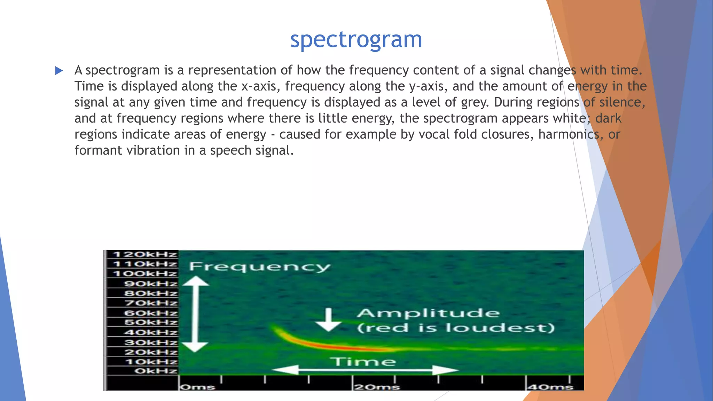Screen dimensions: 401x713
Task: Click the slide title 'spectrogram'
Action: (x=356, y=39)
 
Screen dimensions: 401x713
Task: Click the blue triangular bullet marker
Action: (x=59, y=71)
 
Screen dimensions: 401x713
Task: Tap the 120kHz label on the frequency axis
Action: (x=145, y=254)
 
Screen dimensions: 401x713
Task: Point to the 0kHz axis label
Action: (x=156, y=371)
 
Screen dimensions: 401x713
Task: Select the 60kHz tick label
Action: (x=151, y=313)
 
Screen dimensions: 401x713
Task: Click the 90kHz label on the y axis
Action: (x=151, y=283)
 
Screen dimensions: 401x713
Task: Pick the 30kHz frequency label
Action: (x=151, y=343)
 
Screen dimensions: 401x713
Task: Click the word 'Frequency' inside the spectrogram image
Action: (x=259, y=267)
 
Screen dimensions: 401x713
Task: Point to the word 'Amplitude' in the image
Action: (x=428, y=313)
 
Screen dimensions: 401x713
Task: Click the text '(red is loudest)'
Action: (x=456, y=328)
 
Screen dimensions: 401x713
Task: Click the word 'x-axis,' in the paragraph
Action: (x=260, y=86)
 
